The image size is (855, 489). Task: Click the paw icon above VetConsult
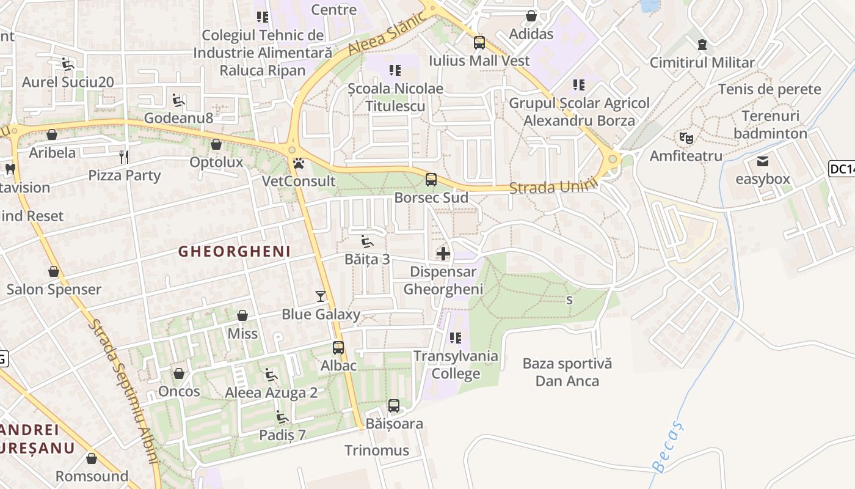(299, 163)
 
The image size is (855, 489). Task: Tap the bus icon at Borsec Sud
(431, 180)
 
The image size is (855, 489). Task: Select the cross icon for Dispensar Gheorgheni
(443, 253)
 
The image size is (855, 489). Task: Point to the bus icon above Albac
(338, 348)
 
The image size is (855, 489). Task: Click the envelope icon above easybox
(763, 161)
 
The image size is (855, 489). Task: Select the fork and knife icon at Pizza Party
(124, 157)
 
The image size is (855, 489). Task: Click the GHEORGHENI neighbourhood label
(235, 251)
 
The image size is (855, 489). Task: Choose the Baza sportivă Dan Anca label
(567, 372)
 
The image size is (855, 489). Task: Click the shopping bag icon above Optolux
(216, 144)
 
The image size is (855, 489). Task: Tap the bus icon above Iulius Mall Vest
(479, 43)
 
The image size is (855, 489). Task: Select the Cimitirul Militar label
(702, 62)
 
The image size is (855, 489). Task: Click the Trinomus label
(377, 450)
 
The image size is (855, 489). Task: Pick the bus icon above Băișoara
(394, 406)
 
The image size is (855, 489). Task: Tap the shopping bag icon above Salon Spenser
(54, 271)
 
